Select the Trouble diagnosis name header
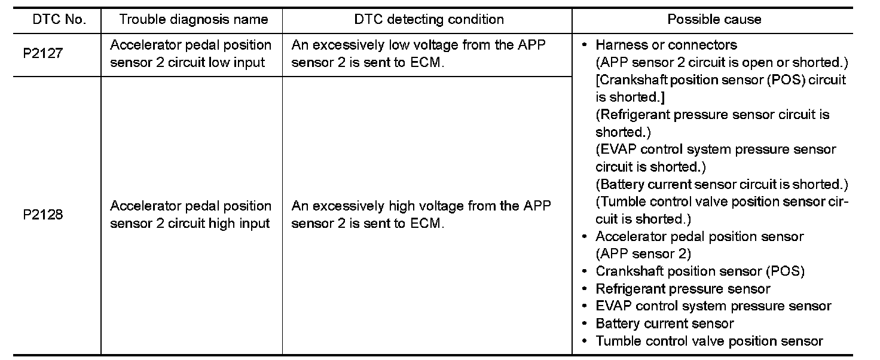193,19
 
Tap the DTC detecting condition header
429,19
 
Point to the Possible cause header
714,19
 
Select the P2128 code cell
43,215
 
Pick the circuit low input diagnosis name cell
191,53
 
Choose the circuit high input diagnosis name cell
191,215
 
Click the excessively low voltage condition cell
418,53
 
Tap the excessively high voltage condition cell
421,215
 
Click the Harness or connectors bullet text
666,45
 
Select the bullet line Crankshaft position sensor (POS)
699,271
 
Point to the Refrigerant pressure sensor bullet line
683,289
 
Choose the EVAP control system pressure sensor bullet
713,306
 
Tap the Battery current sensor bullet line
664,324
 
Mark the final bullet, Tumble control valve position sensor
709,341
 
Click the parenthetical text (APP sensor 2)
643,254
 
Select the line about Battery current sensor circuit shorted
722,184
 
